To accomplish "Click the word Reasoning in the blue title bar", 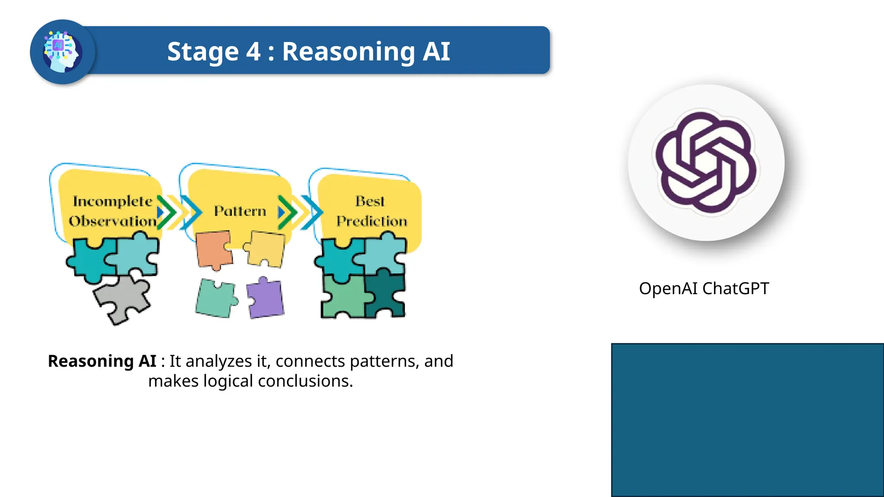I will [x=348, y=52].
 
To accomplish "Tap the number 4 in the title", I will [x=253, y=52].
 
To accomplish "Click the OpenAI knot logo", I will [x=706, y=163].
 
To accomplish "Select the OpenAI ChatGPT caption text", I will [x=704, y=288].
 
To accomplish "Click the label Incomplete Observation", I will [x=112, y=211].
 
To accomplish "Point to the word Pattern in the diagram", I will [x=240, y=211].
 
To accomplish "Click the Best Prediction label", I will [x=371, y=211].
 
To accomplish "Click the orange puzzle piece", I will [x=213, y=250].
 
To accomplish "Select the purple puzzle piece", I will [x=265, y=298].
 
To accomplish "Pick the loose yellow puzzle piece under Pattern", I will [x=266, y=249].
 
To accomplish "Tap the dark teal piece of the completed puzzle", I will [x=385, y=296].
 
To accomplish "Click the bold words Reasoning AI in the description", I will [x=102, y=361].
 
